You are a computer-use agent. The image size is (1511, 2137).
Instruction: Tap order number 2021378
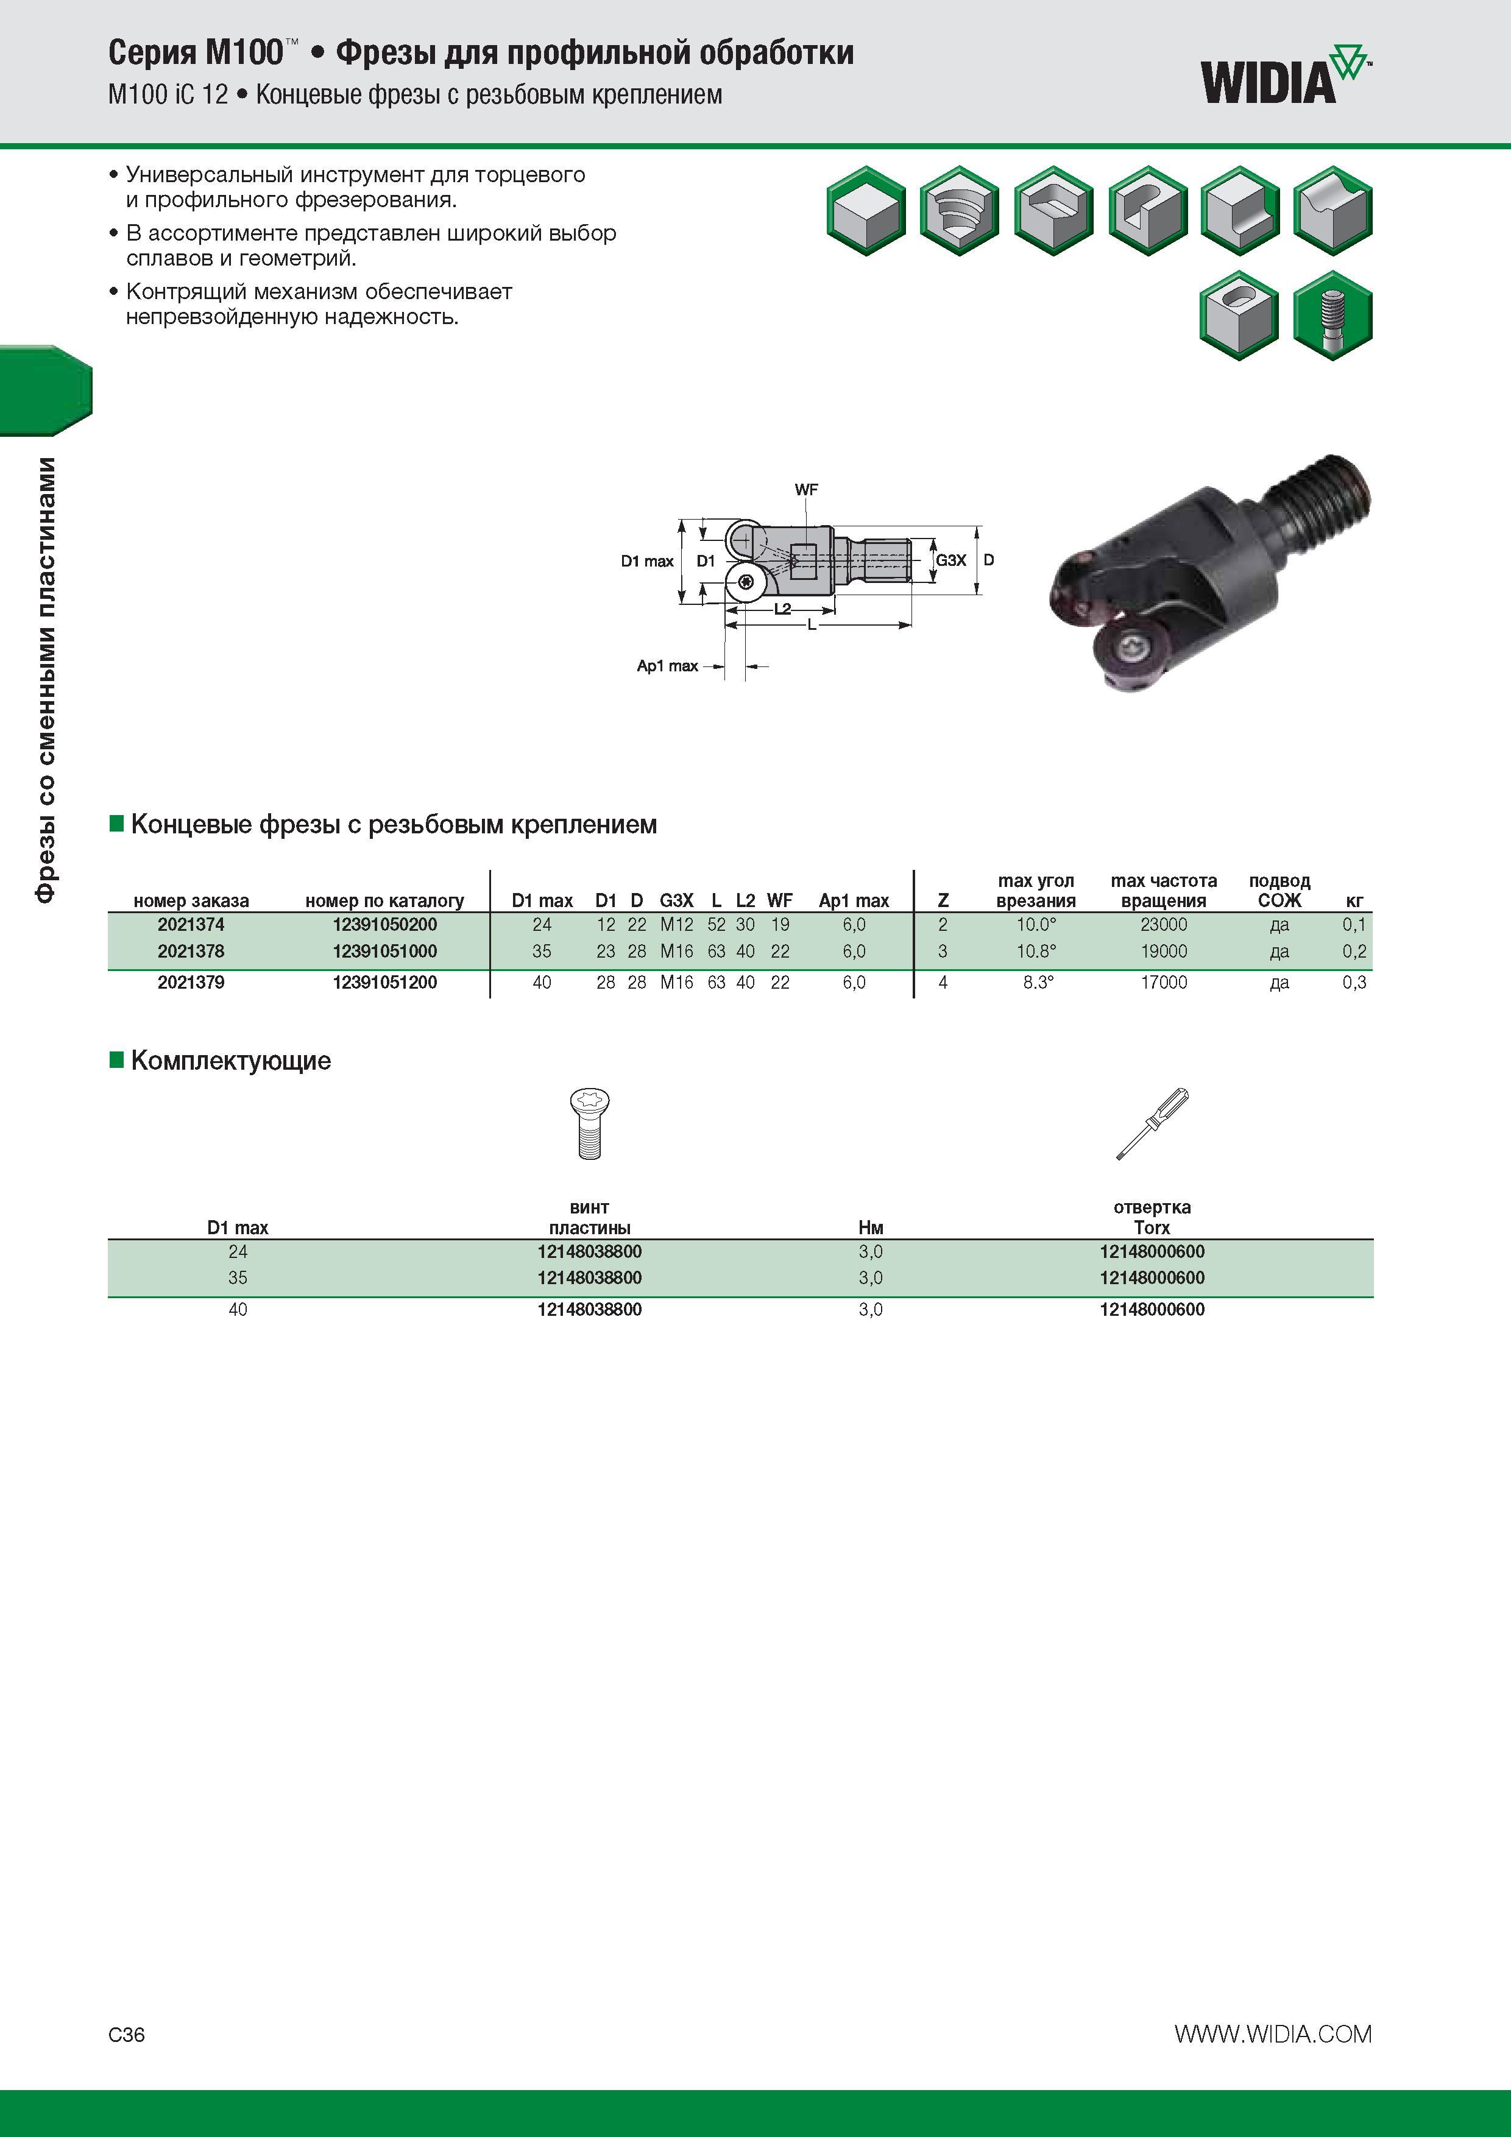pos(191,951)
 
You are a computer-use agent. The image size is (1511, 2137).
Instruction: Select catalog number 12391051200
pos(384,982)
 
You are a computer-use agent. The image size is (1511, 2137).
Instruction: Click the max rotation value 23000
pos(1164,924)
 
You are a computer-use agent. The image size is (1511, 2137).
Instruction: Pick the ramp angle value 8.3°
pos(1038,982)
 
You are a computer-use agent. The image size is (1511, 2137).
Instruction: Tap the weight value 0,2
pos(1354,951)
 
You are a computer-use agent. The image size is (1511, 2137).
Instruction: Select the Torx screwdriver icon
pos(1153,1123)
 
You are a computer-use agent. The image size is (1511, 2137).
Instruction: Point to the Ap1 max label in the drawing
pos(668,665)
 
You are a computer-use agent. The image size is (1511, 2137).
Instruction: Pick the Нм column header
pos(871,1227)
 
